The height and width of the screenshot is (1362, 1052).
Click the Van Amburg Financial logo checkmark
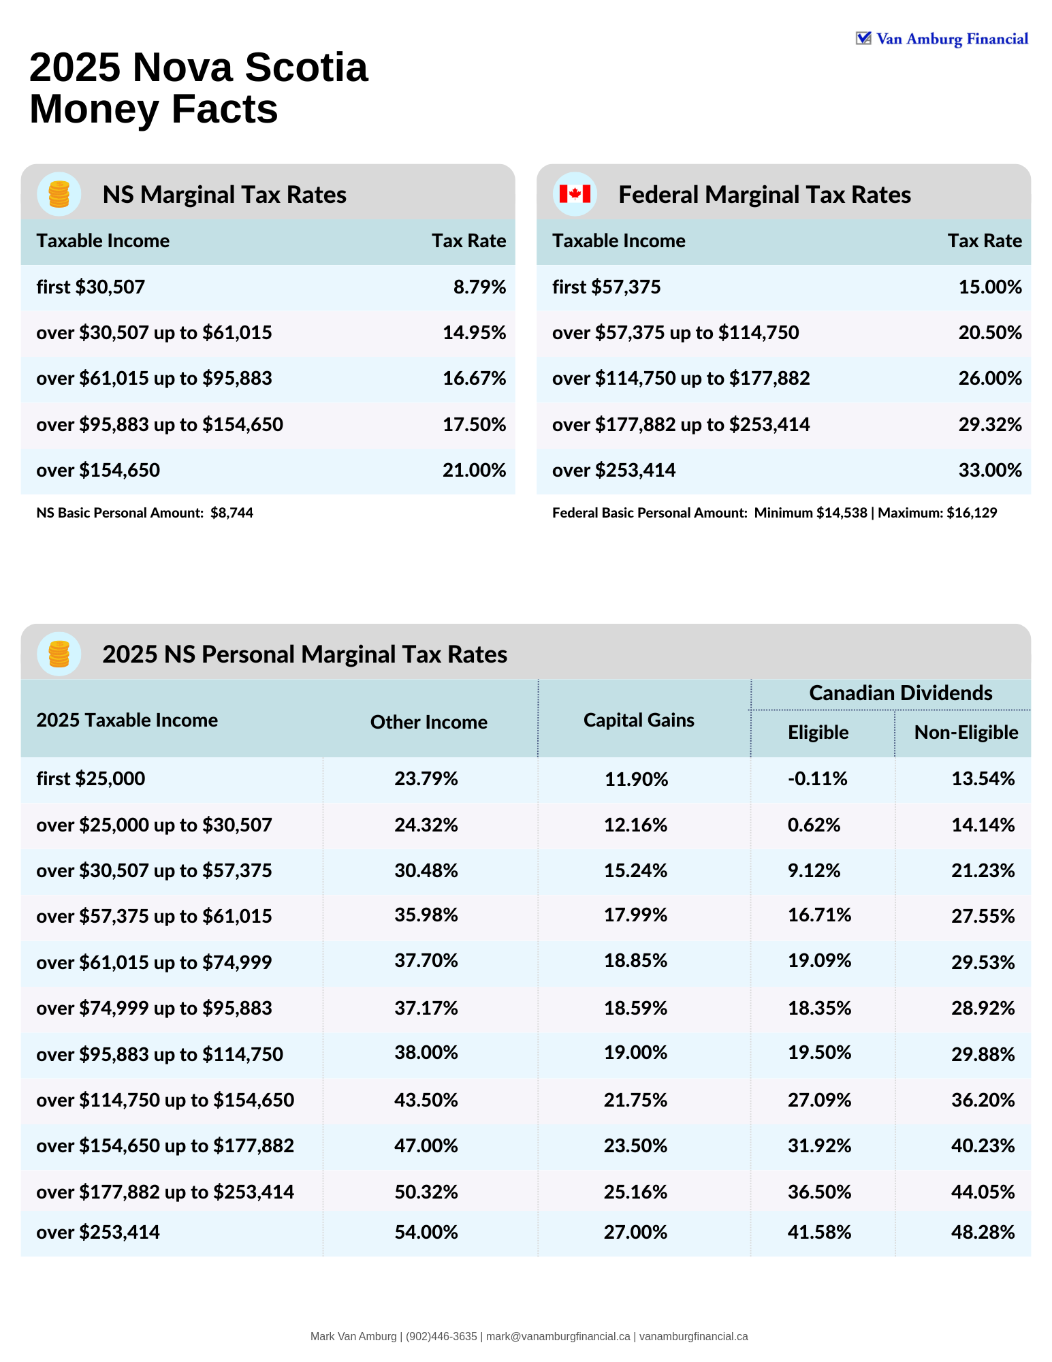point(863,38)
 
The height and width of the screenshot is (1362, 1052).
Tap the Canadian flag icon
point(575,194)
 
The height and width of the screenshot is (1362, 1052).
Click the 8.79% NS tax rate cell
point(479,287)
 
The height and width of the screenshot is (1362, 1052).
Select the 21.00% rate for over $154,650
point(474,470)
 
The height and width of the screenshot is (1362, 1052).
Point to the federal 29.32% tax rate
point(989,424)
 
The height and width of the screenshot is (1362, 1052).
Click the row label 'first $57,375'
point(606,287)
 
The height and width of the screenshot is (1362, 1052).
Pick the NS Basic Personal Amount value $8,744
point(232,513)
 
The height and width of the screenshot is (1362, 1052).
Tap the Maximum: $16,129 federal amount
point(937,513)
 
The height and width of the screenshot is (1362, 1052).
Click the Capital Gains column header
point(639,720)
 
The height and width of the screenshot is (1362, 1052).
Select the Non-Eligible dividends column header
point(966,732)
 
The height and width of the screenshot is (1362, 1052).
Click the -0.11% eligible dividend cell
point(817,778)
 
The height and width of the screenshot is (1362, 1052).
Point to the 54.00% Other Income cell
point(426,1232)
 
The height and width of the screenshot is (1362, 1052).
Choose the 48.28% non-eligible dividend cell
point(983,1232)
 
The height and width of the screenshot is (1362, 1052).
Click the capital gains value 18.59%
point(635,1008)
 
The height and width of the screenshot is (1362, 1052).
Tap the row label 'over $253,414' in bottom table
point(98,1232)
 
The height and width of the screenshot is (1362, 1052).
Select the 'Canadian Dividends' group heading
point(900,693)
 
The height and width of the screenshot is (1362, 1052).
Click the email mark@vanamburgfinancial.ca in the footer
point(558,1336)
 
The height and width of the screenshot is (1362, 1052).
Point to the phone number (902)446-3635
point(441,1336)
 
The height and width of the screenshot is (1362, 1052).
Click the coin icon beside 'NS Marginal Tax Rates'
point(59,194)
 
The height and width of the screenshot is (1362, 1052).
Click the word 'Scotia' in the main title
point(306,67)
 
